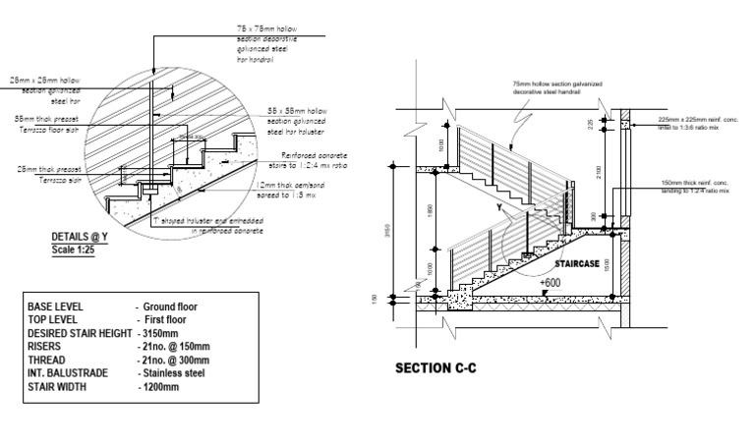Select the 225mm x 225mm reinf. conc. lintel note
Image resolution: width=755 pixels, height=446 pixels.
coord(693,125)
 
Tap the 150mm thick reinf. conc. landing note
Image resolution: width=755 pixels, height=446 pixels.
coord(693,189)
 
